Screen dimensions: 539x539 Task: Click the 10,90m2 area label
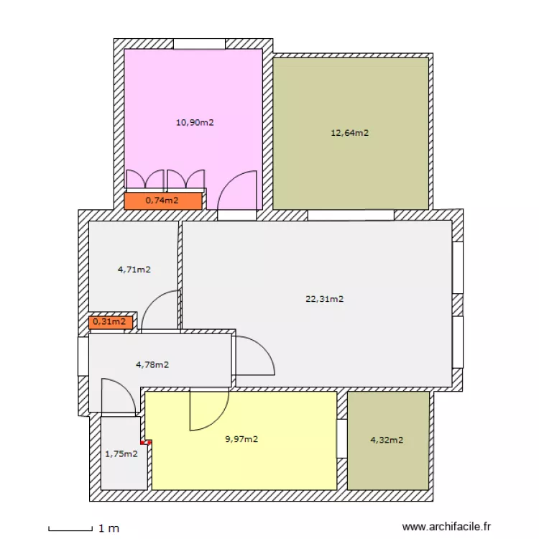(195, 122)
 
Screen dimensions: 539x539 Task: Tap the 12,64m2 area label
(349, 132)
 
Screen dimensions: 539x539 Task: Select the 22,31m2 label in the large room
(325, 299)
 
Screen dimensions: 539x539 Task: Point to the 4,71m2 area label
(134, 270)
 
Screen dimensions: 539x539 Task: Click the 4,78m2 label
(152, 364)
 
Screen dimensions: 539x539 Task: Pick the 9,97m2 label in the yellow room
(241, 439)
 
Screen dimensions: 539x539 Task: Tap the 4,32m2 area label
(387, 440)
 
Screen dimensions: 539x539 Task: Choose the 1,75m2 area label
(121, 453)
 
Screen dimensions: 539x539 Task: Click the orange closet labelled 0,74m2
(162, 201)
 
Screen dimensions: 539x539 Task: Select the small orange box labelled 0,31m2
(109, 322)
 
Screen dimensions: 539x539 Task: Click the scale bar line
(70, 530)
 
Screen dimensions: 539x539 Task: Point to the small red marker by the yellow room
(146, 443)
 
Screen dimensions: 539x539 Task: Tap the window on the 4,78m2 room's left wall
(83, 356)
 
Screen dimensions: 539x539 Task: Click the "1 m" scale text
(109, 529)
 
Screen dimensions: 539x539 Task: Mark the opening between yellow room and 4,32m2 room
(342, 438)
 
